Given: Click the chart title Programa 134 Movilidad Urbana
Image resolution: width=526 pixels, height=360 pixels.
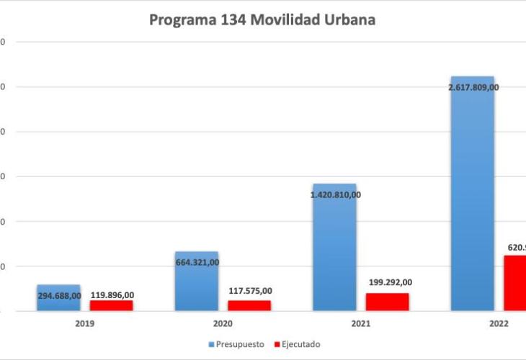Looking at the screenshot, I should tap(262, 20).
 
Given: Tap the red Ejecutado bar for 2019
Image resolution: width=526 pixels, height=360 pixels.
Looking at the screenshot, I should tap(111, 306).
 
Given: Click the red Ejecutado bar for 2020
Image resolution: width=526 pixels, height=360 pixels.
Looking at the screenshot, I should tap(249, 306).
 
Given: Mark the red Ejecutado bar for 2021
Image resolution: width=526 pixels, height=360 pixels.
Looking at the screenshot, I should tap(387, 302).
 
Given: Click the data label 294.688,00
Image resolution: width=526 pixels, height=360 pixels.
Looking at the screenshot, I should tap(59, 295).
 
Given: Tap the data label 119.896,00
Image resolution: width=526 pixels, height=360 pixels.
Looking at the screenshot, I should tap(112, 294).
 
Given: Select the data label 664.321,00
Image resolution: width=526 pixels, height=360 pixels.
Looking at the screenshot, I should tap(197, 262).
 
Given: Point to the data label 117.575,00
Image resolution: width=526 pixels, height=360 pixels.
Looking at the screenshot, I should tap(250, 291).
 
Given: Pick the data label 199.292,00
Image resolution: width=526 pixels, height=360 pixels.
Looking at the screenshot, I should tap(388, 282).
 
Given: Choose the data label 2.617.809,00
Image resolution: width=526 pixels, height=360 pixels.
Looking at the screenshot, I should tap(473, 87).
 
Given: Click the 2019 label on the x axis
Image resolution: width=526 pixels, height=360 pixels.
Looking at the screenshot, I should tap(84, 324).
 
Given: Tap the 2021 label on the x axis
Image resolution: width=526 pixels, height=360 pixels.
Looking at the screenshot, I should tap(360, 324).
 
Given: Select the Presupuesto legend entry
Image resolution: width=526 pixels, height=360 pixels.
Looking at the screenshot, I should tap(239, 344).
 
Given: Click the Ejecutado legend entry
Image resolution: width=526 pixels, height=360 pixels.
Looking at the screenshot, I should tap(297, 344).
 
